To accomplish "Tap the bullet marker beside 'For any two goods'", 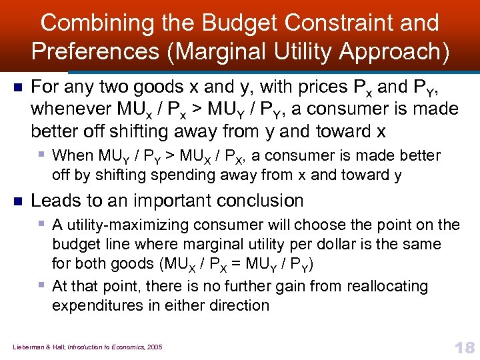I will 18,87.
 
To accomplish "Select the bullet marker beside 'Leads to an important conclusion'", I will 18,201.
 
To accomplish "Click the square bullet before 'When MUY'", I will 43,155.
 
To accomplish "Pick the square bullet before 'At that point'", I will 43,285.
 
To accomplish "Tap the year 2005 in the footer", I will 155,347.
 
